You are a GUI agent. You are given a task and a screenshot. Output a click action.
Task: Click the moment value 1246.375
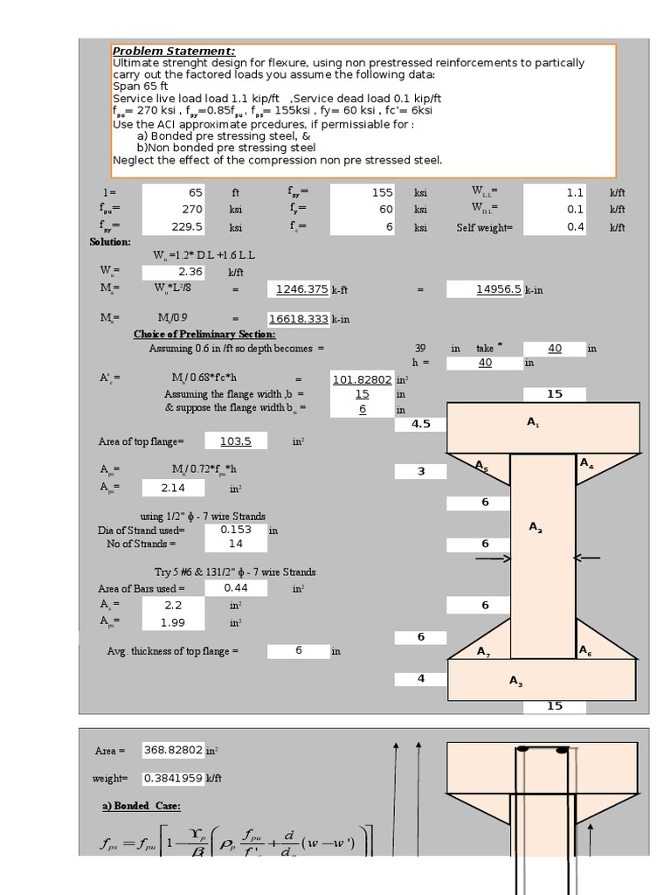(x=302, y=289)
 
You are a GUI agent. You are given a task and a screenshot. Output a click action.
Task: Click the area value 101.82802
(x=363, y=378)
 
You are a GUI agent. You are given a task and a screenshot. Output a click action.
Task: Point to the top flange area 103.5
(x=236, y=441)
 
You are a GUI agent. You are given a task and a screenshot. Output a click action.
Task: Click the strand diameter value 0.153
(x=236, y=529)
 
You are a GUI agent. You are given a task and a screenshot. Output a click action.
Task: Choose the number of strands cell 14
(x=236, y=544)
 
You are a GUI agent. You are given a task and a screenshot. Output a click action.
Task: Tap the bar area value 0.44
(x=236, y=588)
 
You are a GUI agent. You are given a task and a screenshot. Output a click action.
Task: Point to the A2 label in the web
(x=536, y=527)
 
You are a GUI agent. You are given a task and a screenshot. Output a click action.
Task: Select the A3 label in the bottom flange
(x=515, y=682)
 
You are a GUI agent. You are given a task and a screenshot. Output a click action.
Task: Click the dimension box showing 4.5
(x=420, y=424)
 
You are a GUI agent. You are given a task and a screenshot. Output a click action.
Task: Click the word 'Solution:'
(x=110, y=241)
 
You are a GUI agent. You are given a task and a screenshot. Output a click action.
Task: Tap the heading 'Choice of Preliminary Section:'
(x=204, y=334)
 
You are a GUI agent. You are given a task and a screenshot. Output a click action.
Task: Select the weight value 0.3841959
(x=173, y=778)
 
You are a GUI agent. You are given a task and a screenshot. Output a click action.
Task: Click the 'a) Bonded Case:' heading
(x=141, y=806)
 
